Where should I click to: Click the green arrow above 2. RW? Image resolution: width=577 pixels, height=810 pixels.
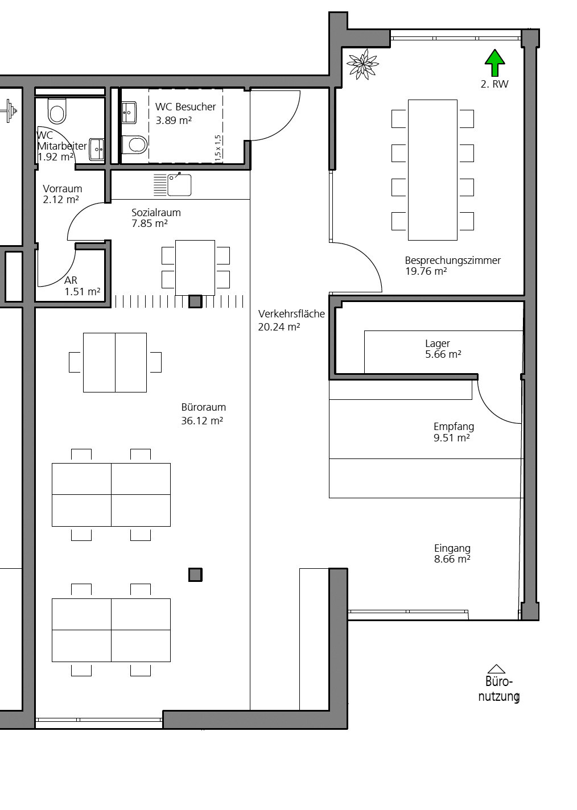494,63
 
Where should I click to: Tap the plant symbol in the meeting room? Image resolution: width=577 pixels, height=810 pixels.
363,64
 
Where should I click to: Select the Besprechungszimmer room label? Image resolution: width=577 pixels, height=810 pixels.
452,261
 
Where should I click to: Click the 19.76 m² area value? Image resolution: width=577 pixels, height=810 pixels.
426,271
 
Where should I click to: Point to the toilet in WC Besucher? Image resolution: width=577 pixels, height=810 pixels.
134,144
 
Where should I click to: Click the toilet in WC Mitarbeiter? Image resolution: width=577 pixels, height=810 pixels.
57,110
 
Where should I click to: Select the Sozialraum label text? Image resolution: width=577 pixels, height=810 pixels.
156,213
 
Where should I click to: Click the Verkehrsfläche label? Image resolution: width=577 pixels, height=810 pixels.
291,314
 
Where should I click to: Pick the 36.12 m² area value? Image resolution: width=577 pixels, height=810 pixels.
202,420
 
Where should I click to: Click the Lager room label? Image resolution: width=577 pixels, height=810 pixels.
438,344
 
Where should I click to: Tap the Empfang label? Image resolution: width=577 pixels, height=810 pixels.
454,427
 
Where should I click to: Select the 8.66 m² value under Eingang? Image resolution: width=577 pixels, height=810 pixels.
452,559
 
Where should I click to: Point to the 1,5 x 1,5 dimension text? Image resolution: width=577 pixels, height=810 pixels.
217,148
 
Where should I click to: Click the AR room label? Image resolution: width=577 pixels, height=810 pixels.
71,280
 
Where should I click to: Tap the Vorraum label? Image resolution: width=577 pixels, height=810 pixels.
62,189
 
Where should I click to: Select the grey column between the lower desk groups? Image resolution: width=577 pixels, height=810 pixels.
195,575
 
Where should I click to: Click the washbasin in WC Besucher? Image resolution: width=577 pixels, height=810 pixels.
129,113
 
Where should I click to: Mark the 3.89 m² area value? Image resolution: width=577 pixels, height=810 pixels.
174,121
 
